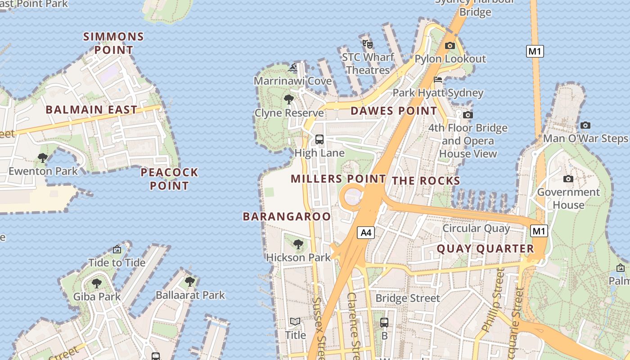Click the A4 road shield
pyautogui.click(x=366, y=233)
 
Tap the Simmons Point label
pyautogui.click(x=114, y=43)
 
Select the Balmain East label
pyautogui.click(x=91, y=109)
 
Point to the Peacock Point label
pyautogui.click(x=169, y=179)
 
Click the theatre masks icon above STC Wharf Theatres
pyautogui.click(x=368, y=44)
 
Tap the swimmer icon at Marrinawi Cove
pyautogui.click(x=292, y=68)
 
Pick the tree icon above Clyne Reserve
pyautogui.click(x=289, y=99)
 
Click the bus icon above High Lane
pyautogui.click(x=319, y=139)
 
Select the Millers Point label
pyautogui.click(x=338, y=179)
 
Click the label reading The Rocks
pyautogui.click(x=426, y=181)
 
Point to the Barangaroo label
pyautogui.click(x=287, y=216)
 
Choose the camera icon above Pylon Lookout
pyautogui.click(x=450, y=45)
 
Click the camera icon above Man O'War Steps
pyautogui.click(x=585, y=125)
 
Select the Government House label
pyautogui.click(x=568, y=198)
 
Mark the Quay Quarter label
pyautogui.click(x=485, y=249)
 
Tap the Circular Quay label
pyautogui.click(x=476, y=228)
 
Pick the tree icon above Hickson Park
pyautogui.click(x=298, y=244)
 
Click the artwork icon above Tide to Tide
pyautogui.click(x=117, y=249)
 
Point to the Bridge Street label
pyautogui.click(x=408, y=298)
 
